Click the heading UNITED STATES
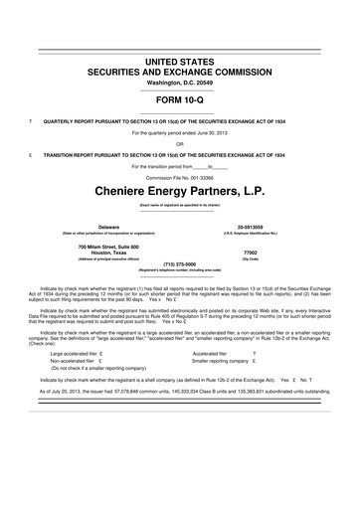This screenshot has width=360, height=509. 180,61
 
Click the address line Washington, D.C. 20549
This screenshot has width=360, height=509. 180,85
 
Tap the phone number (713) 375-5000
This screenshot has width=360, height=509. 180,264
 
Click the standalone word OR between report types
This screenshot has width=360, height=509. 180,143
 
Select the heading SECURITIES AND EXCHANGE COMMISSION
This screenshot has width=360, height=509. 180,73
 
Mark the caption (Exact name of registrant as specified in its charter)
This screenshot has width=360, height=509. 180,205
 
